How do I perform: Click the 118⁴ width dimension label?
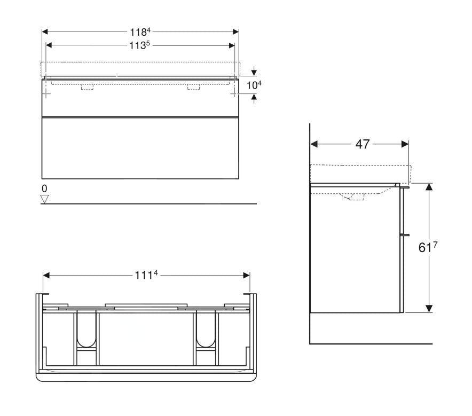[x=140, y=31]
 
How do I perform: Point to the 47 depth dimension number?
[x=363, y=144]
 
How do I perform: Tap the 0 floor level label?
[x=45, y=189]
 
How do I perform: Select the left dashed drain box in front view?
[x=87, y=87]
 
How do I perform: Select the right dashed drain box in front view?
[x=193, y=87]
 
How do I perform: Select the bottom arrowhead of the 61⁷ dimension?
[x=428, y=308]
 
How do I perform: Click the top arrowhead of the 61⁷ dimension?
[x=428, y=187]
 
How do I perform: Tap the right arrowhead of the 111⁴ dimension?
[x=246, y=275]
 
